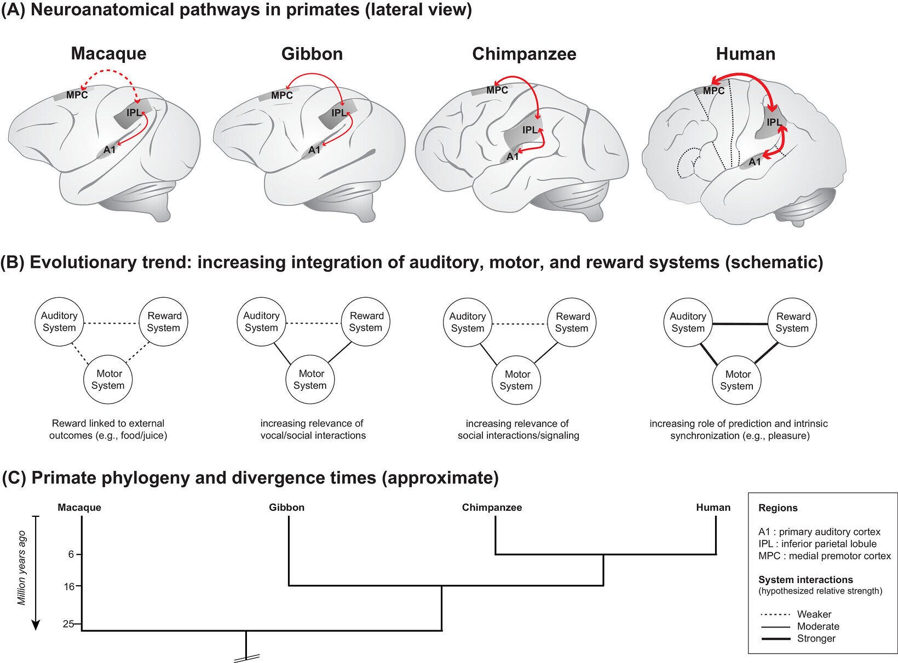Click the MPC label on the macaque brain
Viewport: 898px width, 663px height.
point(77,95)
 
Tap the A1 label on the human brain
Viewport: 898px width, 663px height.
point(755,162)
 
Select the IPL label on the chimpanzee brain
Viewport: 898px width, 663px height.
point(530,130)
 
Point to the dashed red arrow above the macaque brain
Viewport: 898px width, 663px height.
point(110,73)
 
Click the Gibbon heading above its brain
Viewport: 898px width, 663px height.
point(312,54)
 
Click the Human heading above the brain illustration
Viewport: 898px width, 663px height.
point(745,54)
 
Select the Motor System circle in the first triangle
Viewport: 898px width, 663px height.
point(108,379)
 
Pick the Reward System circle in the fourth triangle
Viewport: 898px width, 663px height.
point(792,322)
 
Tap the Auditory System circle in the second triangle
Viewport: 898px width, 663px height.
point(262,322)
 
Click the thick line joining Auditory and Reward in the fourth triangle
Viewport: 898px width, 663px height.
point(740,324)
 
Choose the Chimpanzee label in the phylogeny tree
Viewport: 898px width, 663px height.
point(492,507)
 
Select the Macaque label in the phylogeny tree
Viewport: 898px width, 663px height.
point(79,508)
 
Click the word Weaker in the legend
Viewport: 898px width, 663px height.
point(814,614)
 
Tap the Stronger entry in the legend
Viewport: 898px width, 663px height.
point(816,638)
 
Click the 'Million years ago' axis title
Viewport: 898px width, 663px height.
point(21,568)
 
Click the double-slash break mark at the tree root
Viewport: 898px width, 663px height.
point(246,658)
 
